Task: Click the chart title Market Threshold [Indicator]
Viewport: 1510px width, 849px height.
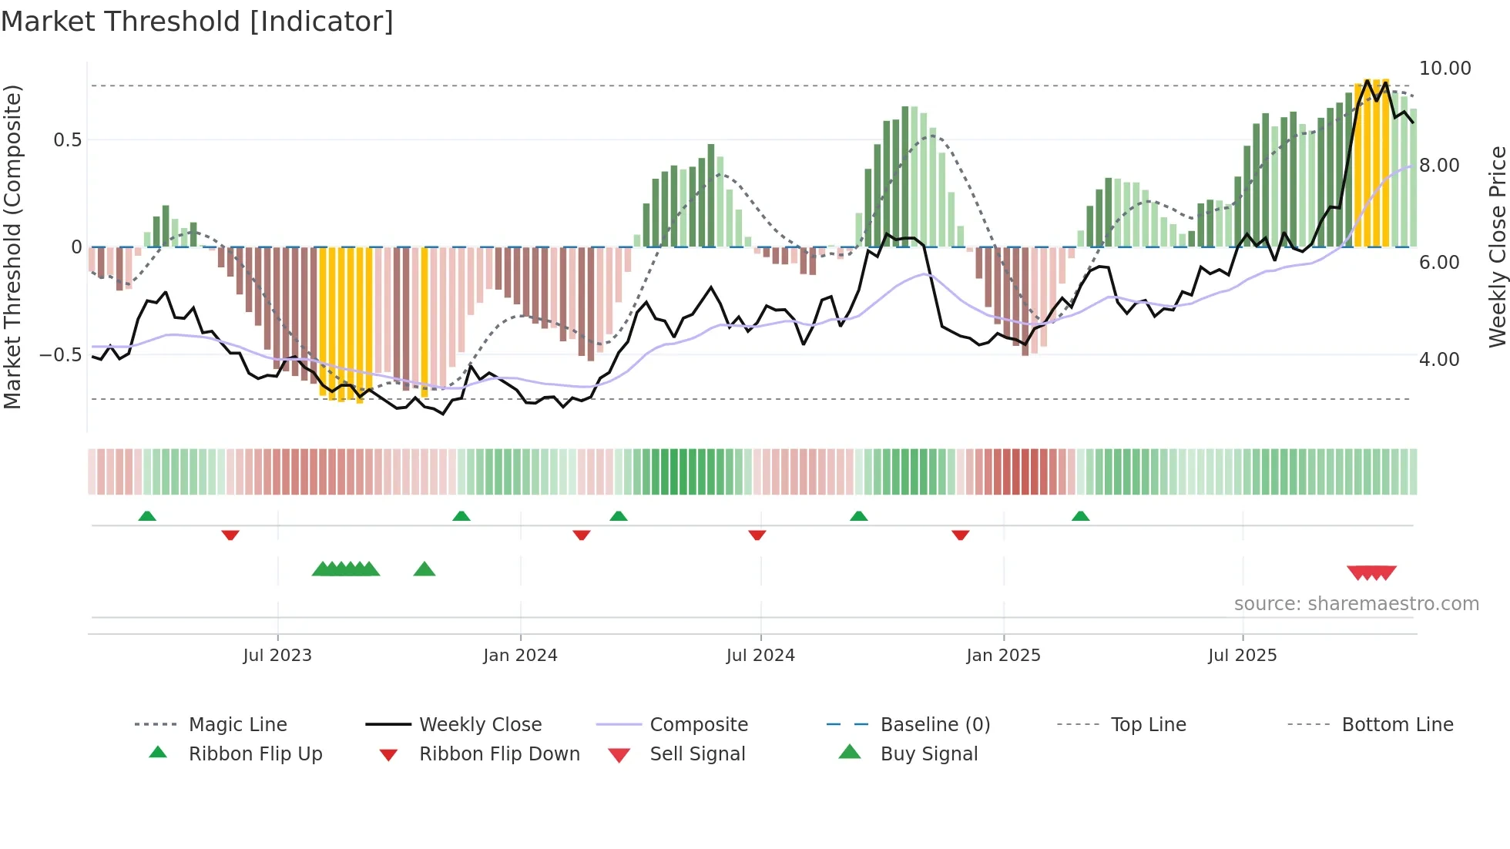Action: click(197, 22)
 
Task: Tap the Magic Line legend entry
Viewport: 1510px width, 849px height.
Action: click(237, 724)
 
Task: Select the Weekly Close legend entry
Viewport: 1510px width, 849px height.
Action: click(480, 724)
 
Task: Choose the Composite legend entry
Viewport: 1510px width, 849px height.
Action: click(698, 724)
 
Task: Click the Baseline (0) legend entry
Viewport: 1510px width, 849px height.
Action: click(935, 724)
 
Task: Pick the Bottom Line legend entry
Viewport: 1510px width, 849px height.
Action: click(1397, 724)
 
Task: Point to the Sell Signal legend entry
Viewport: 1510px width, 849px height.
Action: click(696, 753)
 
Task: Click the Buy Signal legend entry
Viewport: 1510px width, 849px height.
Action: click(928, 753)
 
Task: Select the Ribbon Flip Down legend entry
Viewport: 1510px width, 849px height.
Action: click(498, 753)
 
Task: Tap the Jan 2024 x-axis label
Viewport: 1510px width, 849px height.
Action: click(520, 655)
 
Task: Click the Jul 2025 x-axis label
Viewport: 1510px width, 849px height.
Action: click(1242, 655)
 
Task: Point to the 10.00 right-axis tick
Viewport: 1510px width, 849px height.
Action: click(1445, 69)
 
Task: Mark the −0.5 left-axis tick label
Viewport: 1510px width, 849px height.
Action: click(61, 355)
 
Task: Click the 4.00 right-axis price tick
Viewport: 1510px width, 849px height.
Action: click(1438, 359)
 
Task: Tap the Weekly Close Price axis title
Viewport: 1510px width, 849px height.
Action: click(1497, 247)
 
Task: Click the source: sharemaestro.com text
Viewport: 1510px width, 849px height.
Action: click(1356, 603)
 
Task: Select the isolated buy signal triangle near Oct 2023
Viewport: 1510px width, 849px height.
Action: click(424, 569)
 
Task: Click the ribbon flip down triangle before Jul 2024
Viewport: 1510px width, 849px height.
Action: click(757, 535)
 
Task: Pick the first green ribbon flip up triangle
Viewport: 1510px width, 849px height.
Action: click(147, 515)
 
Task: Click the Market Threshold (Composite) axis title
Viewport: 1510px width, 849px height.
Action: click(12, 247)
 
